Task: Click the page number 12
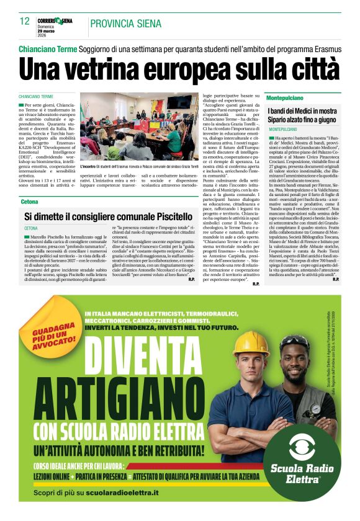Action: (x=25, y=20)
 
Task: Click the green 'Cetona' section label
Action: (x=29, y=202)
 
